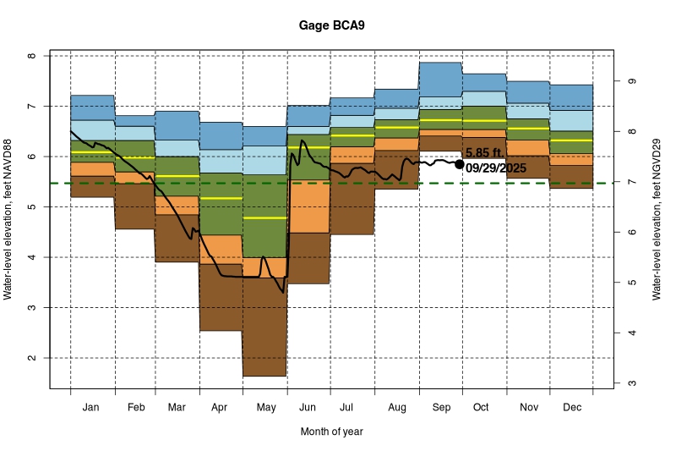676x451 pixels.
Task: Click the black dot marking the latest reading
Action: [x=460, y=164]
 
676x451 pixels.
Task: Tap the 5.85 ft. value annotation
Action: [x=484, y=153]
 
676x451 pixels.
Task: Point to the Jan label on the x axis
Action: [x=91, y=408]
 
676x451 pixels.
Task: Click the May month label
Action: [x=265, y=408]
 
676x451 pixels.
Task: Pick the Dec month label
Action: [x=571, y=408]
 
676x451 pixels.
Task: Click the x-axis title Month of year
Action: [x=331, y=432]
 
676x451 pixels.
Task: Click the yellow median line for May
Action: [x=264, y=217]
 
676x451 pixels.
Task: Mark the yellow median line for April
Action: [x=221, y=198]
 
